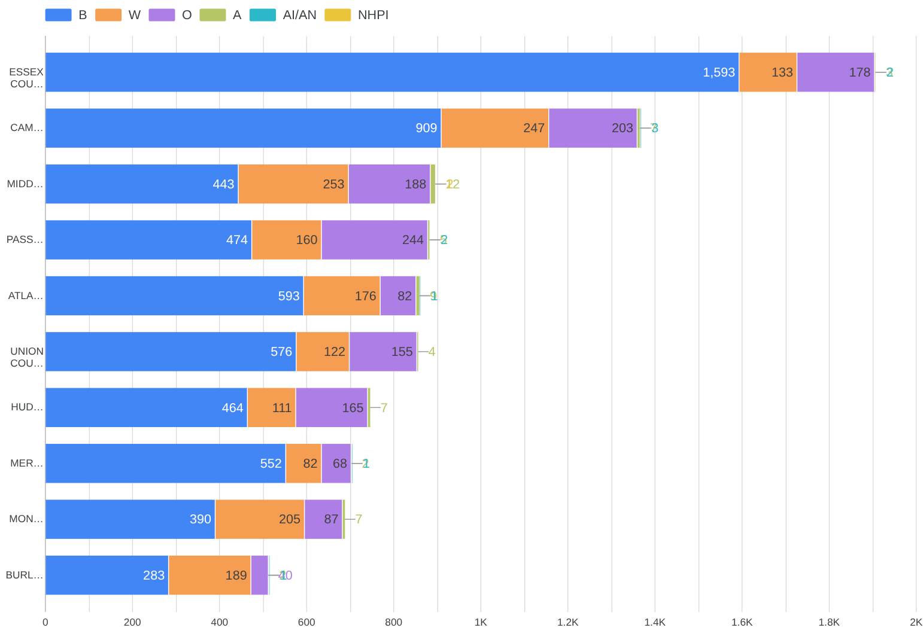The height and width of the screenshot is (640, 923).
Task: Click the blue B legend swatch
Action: tap(58, 15)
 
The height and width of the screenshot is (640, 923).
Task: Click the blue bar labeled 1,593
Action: tap(392, 72)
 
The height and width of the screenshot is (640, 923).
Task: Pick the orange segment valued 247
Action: tap(494, 128)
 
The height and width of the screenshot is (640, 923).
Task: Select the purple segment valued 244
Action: tap(374, 240)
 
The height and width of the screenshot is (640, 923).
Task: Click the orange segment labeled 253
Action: tap(293, 184)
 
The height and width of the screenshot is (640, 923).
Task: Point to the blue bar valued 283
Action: tap(107, 575)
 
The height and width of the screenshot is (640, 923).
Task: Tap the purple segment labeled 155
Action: tap(382, 352)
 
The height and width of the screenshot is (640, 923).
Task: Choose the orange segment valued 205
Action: tap(259, 519)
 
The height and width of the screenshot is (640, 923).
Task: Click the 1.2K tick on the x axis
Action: tap(567, 622)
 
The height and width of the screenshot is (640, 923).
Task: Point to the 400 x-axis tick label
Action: tap(219, 622)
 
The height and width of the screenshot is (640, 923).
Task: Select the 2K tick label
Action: tap(916, 622)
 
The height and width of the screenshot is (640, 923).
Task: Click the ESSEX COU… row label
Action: tap(26, 78)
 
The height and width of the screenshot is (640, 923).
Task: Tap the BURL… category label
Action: tap(25, 575)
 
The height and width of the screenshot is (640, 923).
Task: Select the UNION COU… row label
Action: tap(27, 357)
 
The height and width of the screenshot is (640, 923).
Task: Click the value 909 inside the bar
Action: tap(426, 128)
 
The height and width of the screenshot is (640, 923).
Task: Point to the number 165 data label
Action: tap(353, 408)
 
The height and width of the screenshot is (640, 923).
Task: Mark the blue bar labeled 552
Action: tap(165, 464)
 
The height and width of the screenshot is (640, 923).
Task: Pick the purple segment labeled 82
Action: tap(397, 296)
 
